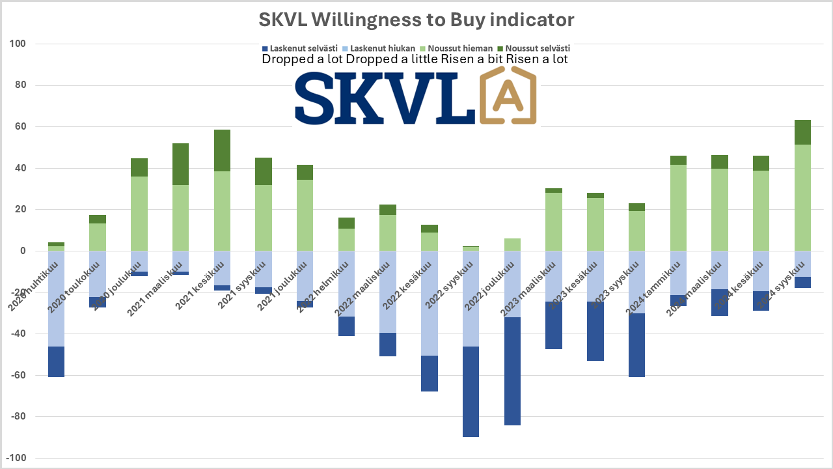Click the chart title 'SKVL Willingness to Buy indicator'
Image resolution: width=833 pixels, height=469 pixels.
click(416, 20)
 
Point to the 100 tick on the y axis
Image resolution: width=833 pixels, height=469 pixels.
click(16, 44)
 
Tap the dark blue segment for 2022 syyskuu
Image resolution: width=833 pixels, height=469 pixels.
click(471, 391)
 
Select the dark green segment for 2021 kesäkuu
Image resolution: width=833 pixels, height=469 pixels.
click(223, 150)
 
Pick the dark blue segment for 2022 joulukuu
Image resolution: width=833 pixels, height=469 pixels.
click(513, 371)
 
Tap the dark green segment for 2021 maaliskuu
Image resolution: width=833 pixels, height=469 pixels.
click(181, 164)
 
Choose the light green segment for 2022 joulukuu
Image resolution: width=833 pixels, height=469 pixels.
click(513, 245)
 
